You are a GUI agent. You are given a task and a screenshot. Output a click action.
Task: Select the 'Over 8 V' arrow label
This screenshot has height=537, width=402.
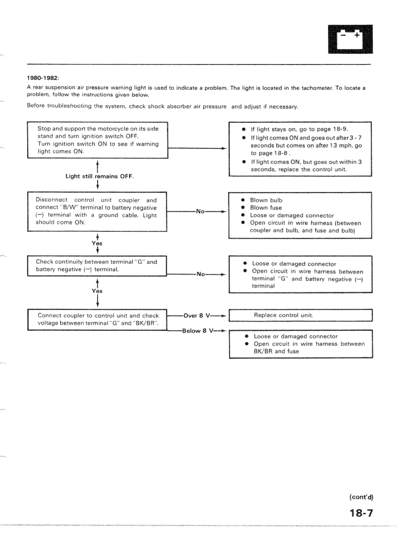pyautogui.click(x=196, y=315)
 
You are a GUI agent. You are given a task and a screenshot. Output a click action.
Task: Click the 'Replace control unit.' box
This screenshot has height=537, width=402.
pyautogui.click(x=300, y=315)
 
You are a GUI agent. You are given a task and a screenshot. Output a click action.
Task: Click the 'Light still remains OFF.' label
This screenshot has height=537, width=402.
pyautogui.click(x=100, y=176)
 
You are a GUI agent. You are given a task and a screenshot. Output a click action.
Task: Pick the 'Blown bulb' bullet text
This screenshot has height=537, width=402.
pyautogui.click(x=266, y=200)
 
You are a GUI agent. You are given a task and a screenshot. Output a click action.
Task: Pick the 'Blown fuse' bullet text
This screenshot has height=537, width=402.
pyautogui.click(x=266, y=208)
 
